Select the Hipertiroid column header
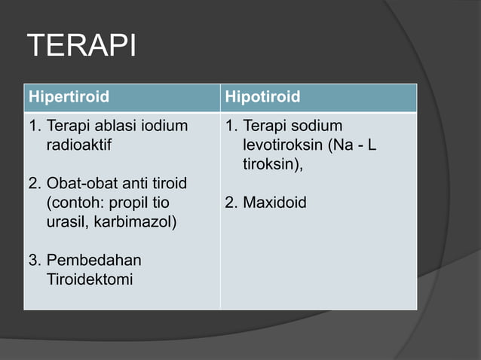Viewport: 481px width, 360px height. pyautogui.click(x=69, y=97)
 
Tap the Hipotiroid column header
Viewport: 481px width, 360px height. pyautogui.click(x=262, y=97)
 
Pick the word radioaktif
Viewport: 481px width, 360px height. pyautogui.click(x=78, y=145)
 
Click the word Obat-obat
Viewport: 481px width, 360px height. pyautogui.click(x=79, y=184)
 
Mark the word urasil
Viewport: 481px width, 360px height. pyautogui.click(x=66, y=223)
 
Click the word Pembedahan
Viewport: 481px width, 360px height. pyautogui.click(x=93, y=261)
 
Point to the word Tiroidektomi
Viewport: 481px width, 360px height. pyautogui.click(x=89, y=280)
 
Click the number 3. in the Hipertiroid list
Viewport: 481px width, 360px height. pyautogui.click(x=34, y=261)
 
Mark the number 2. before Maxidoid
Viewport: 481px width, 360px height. pyautogui.click(x=231, y=203)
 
